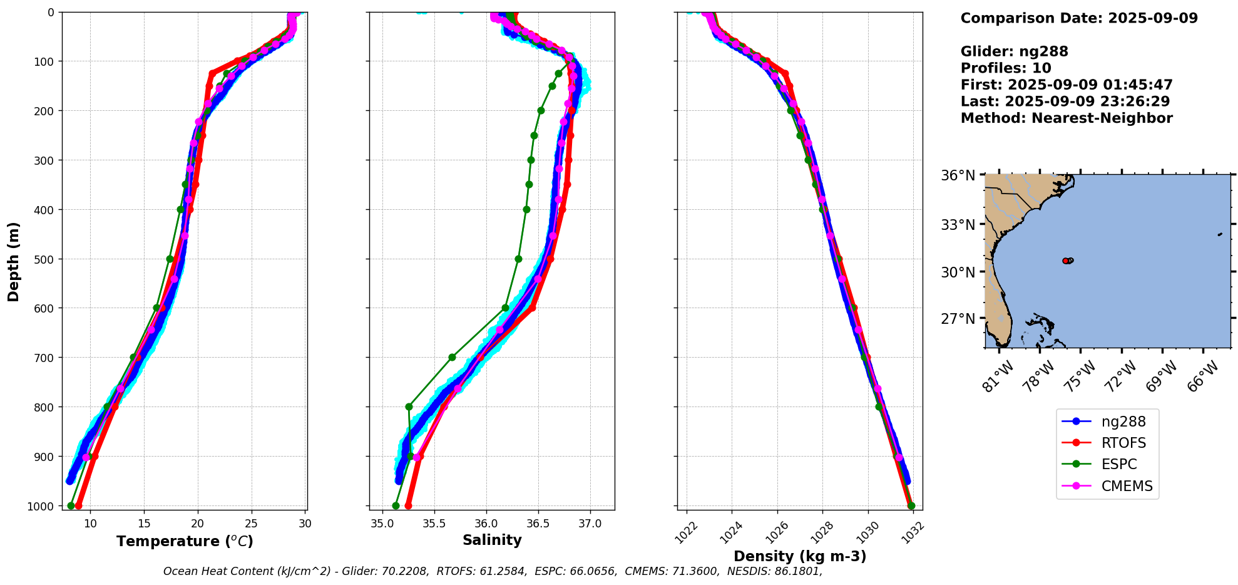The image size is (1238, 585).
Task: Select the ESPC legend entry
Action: pos(1119,464)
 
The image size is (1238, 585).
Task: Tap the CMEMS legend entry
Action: pos(1127,486)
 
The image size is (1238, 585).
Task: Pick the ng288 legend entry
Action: pos(1123,422)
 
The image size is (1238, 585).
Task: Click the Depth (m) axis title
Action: pos(13,261)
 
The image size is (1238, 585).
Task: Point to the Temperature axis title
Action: pos(185,541)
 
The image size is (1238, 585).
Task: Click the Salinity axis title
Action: pos(492,540)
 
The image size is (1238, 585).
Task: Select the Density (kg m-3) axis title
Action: pos(799,556)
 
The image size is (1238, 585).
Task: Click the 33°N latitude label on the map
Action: pos(958,224)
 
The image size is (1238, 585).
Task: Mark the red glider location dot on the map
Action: pos(1065,261)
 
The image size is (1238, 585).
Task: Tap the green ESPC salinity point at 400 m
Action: pos(526,209)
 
